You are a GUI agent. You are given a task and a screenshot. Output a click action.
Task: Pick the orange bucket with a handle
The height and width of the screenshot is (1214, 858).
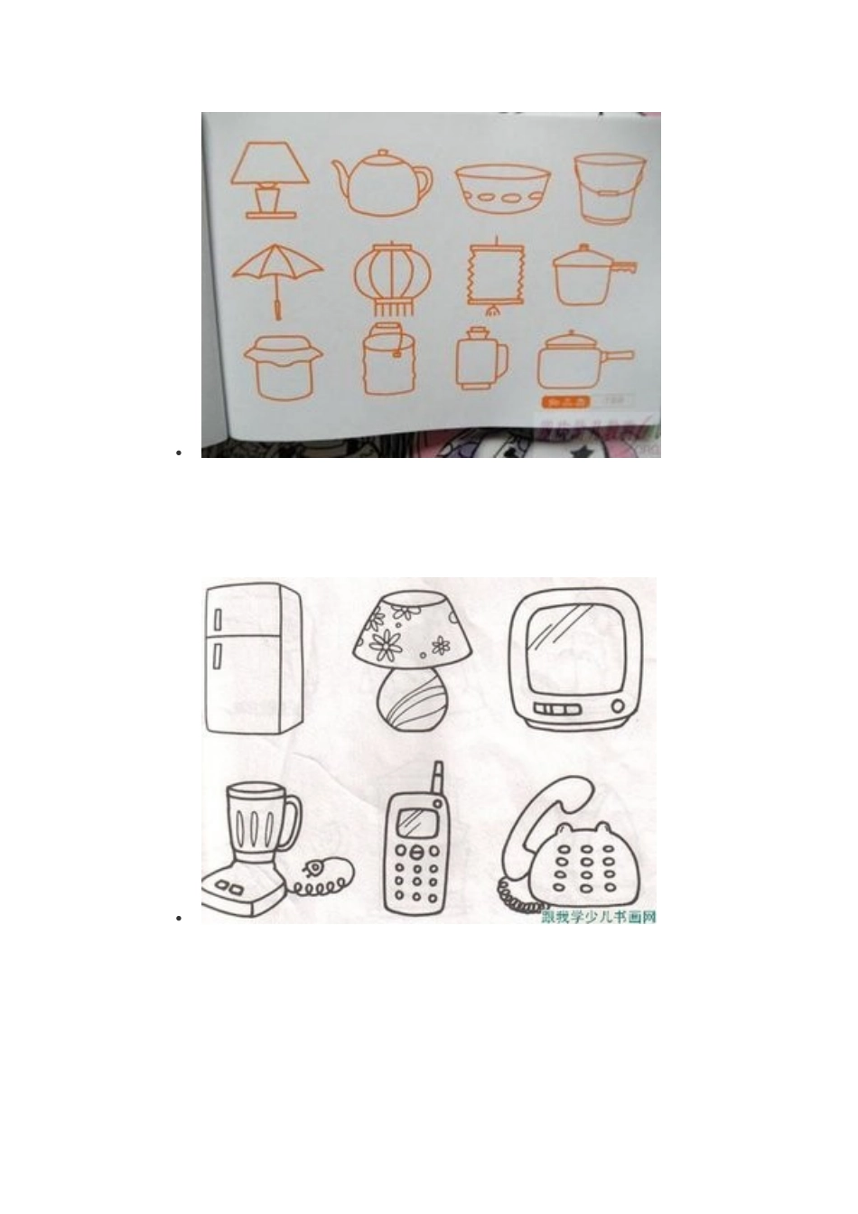click(x=611, y=189)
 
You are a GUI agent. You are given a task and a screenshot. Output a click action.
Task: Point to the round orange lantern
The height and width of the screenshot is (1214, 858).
click(x=392, y=278)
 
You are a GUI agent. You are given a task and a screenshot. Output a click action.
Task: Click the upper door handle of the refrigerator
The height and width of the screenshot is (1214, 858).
click(x=218, y=620)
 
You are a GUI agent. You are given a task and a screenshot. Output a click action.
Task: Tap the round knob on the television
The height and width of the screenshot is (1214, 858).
click(x=617, y=705)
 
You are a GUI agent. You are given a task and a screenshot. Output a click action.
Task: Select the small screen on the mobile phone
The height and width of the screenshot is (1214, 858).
click(x=416, y=822)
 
